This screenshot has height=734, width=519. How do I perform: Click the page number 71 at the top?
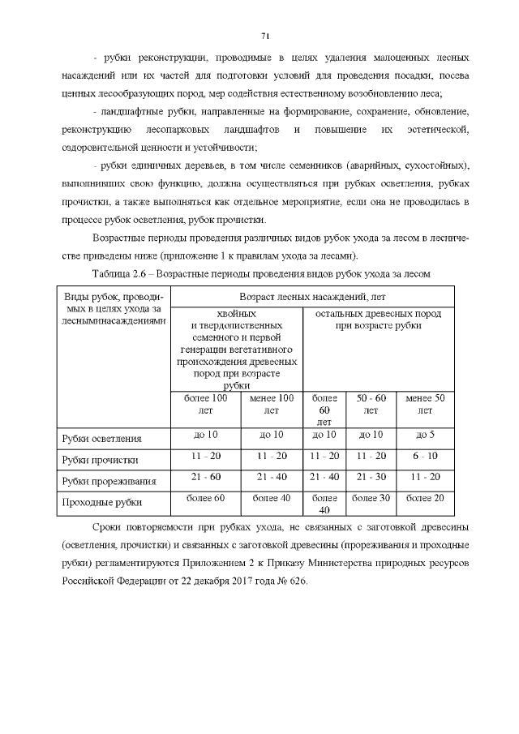point(265,35)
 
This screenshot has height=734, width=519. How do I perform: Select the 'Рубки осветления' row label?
point(102,439)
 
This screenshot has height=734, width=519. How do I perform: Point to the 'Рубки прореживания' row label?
point(109,481)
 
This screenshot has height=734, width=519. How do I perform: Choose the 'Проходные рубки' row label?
point(100,502)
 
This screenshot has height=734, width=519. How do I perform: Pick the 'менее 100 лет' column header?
point(272,405)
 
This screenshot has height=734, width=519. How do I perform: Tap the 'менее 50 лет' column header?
point(425,405)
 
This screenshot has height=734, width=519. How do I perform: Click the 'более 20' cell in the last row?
point(425,497)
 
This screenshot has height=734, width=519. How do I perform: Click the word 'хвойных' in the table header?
point(238,313)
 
